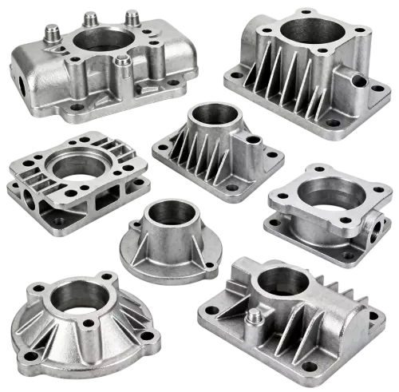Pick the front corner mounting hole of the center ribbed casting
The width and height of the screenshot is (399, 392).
click(x=232, y=188)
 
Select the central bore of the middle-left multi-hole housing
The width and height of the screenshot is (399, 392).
click(x=77, y=168)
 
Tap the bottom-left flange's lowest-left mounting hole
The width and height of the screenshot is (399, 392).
click(x=32, y=354)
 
